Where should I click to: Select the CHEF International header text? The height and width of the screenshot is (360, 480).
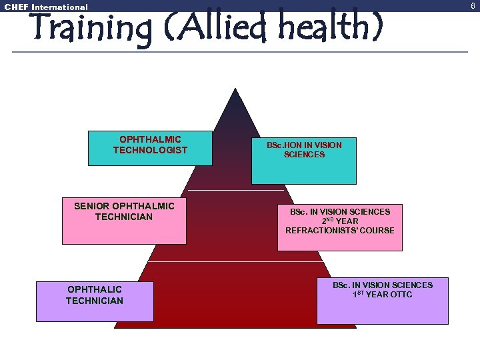46,7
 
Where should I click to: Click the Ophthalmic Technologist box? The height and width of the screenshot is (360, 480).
150,148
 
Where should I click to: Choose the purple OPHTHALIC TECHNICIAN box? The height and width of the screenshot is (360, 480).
94,302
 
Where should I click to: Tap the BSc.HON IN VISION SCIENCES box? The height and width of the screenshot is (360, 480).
304,161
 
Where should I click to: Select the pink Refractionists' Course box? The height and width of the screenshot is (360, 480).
339,227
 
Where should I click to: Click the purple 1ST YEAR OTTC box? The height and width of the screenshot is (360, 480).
382,301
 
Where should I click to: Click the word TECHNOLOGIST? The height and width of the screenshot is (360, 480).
150,151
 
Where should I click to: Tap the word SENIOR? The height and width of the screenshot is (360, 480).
92,206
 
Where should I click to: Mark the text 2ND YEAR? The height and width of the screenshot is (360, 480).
340,221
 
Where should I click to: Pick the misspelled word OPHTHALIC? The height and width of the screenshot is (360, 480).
95,289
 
